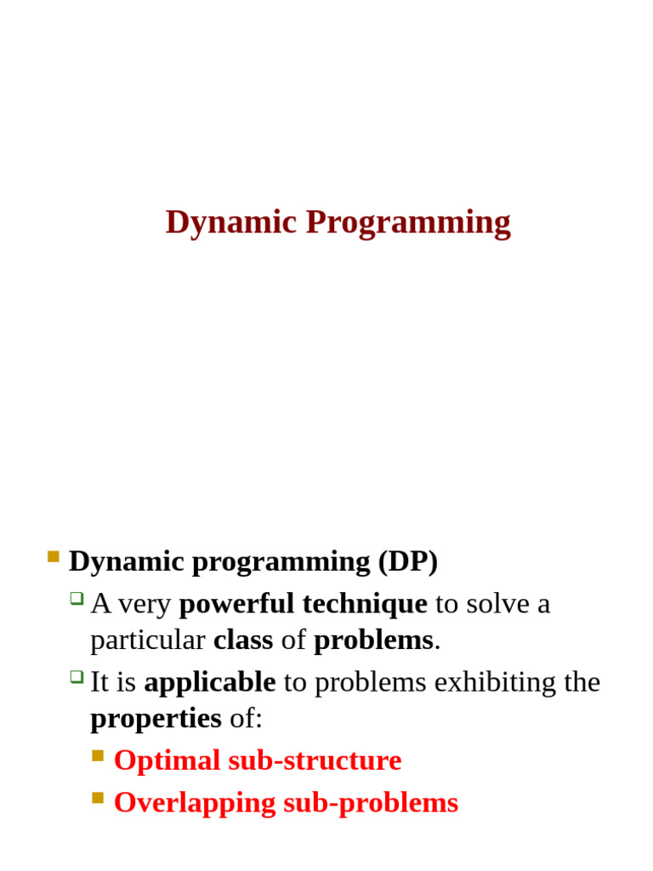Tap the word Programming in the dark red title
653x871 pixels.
(x=408, y=223)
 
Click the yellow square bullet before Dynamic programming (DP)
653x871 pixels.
(x=54, y=557)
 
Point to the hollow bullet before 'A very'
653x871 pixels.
(x=77, y=598)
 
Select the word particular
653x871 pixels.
(x=148, y=640)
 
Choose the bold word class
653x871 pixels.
(x=243, y=640)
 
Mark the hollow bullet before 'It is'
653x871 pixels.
(x=77, y=676)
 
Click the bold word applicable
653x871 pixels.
(x=210, y=682)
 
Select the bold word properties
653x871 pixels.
(x=156, y=719)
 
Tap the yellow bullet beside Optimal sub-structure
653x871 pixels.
(x=98, y=755)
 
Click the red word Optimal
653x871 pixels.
(x=167, y=760)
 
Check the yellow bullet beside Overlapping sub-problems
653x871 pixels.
(x=98, y=798)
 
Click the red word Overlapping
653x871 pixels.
(x=195, y=803)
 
